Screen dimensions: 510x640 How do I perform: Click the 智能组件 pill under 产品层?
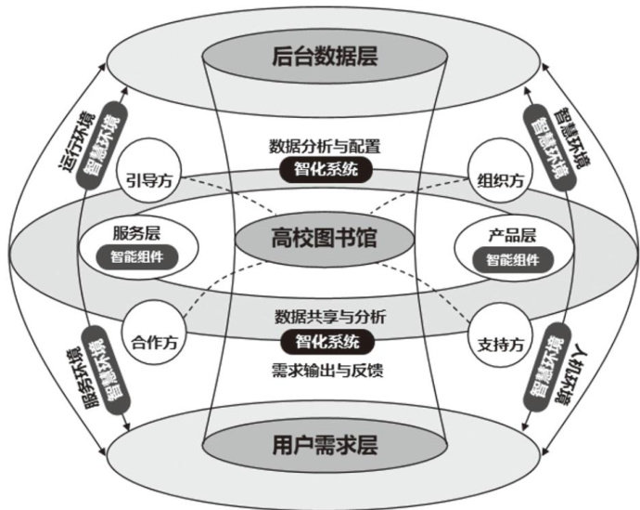pos(506,259)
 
